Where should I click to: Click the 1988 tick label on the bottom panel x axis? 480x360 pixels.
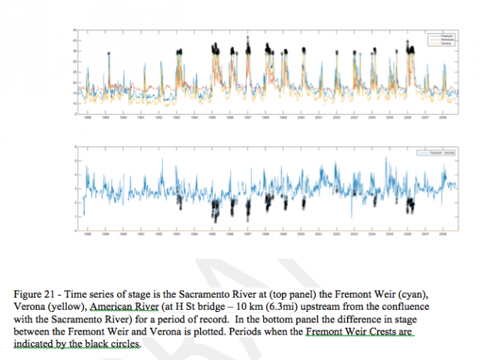pos(88,235)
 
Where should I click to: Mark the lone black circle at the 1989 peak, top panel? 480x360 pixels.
pos(109,54)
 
